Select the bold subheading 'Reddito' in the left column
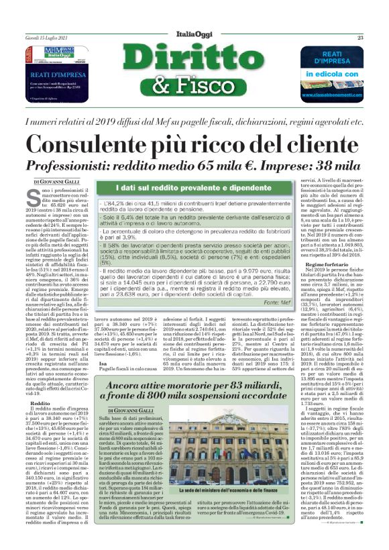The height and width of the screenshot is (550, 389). pos(40,403)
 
